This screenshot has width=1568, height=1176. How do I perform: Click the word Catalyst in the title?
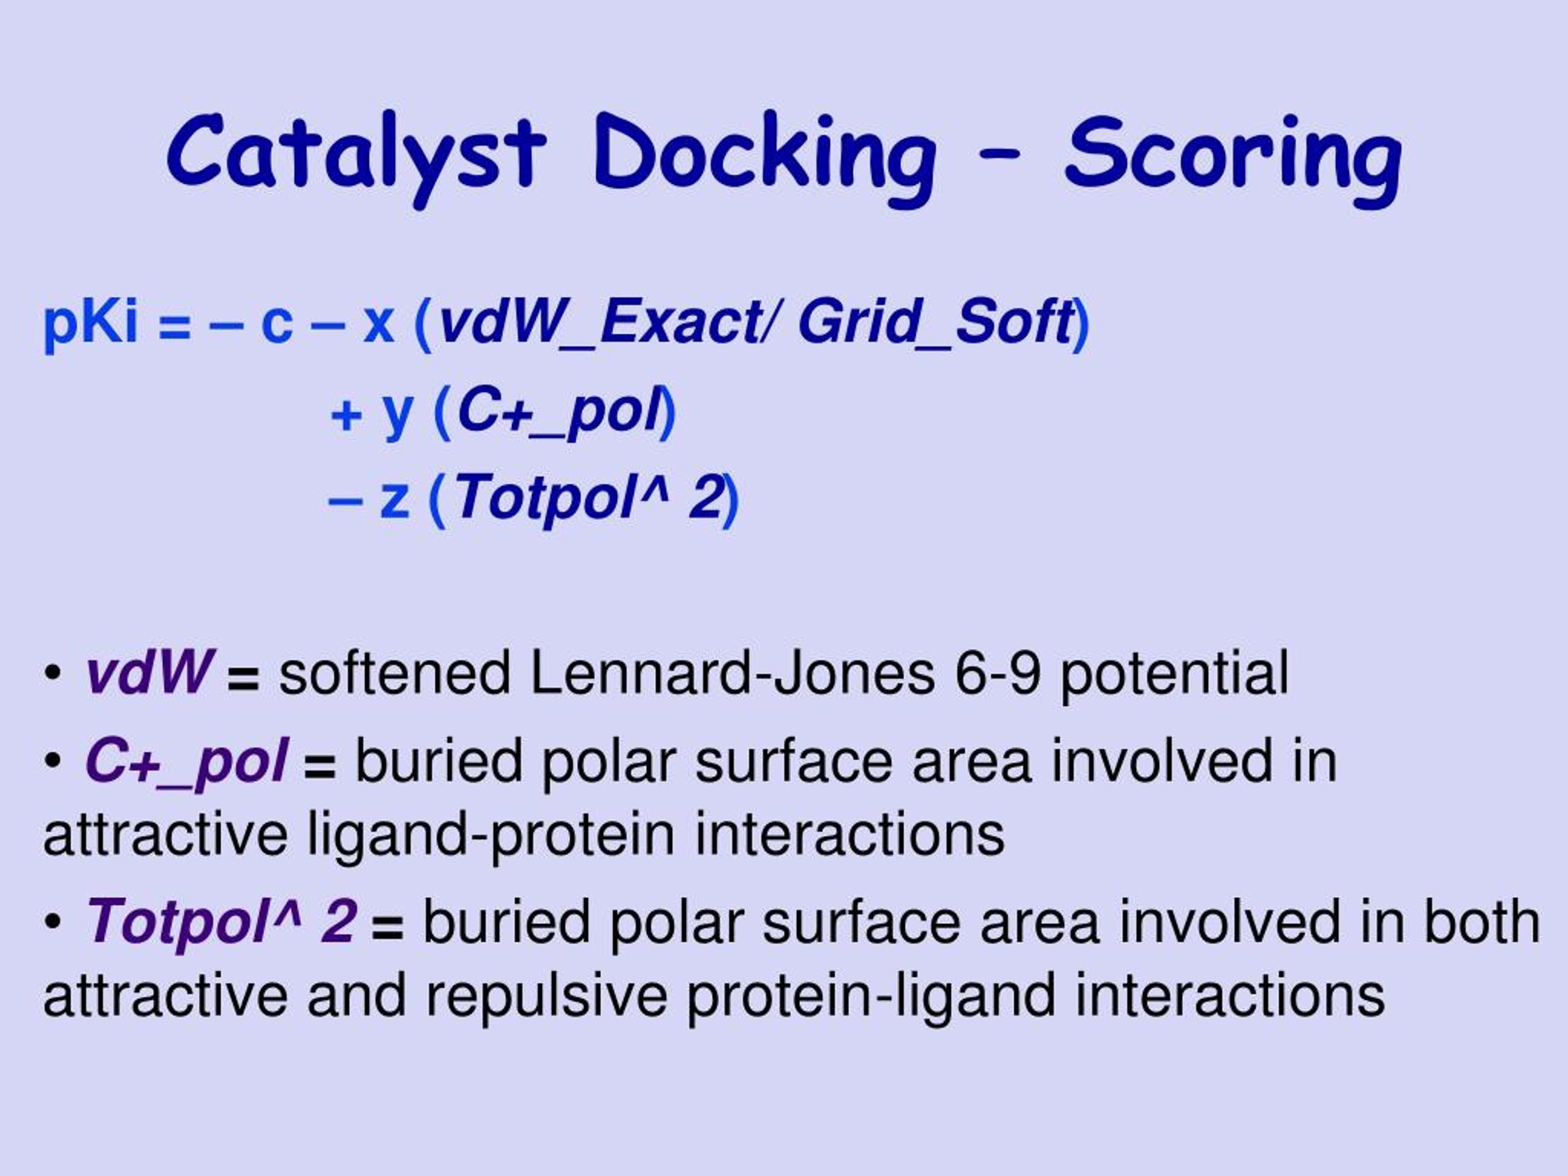pos(356,156)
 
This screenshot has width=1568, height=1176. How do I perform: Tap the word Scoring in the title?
pos(1233,159)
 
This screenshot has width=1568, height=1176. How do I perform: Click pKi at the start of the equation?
pos(90,323)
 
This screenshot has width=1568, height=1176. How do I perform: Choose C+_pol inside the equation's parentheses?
pos(559,413)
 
